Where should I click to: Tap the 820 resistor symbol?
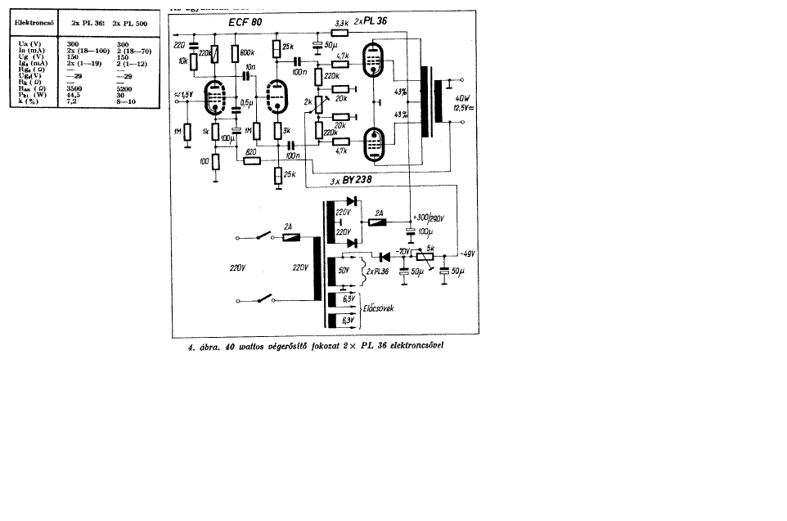click(252, 161)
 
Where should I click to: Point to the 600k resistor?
click(235, 54)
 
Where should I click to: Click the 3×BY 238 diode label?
click(353, 182)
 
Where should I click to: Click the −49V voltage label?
click(467, 253)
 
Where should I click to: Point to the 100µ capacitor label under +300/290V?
click(425, 232)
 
